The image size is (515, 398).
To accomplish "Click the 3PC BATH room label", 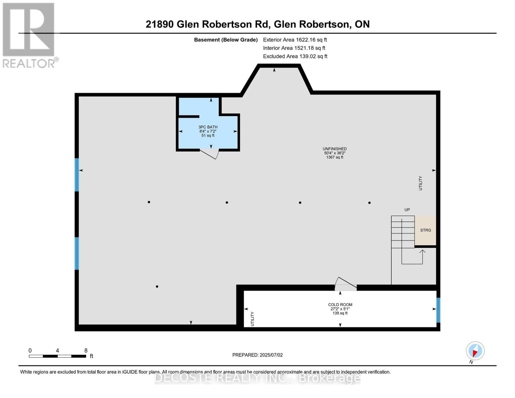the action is [x=208, y=127].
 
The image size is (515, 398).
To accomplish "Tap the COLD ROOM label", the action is [x=340, y=304].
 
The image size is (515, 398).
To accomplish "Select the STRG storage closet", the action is [x=425, y=231].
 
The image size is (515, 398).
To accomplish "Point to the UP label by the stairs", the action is [x=407, y=210].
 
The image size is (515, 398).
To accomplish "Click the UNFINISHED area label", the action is [x=335, y=149].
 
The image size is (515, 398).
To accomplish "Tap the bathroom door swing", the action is [x=209, y=154].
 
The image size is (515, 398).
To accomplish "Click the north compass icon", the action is [x=475, y=351].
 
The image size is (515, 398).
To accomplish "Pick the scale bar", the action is [x=57, y=356].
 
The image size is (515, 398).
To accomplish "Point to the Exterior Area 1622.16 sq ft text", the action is [x=295, y=40].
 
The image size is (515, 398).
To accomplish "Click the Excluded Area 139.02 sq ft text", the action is [x=295, y=56].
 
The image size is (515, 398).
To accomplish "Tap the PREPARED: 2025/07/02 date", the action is [x=257, y=355].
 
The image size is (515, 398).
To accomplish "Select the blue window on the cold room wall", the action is [x=438, y=310].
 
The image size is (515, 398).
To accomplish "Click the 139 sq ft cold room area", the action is [x=340, y=313].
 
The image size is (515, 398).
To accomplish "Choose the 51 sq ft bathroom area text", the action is [x=208, y=136].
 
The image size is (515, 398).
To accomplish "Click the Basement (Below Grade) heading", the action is [x=225, y=40].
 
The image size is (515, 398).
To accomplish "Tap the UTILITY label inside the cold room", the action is [x=252, y=319].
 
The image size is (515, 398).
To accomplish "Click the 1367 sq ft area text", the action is [x=335, y=157].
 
